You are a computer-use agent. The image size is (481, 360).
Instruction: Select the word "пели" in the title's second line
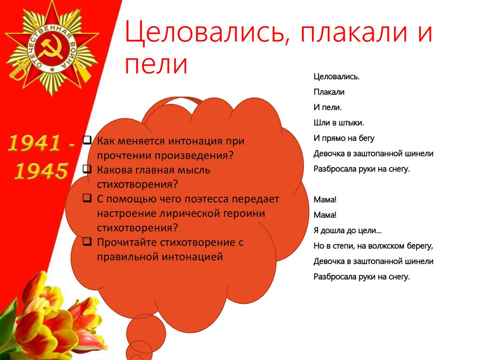(x=156, y=64)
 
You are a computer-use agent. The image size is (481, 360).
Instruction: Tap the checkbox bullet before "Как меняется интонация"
(x=87, y=140)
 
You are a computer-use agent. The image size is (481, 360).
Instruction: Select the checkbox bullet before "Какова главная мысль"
(x=87, y=169)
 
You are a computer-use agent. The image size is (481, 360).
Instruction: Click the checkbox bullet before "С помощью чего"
(x=87, y=198)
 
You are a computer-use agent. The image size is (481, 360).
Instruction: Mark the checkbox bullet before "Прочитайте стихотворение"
(x=87, y=242)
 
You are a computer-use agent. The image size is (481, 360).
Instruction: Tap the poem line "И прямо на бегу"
(x=343, y=138)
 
